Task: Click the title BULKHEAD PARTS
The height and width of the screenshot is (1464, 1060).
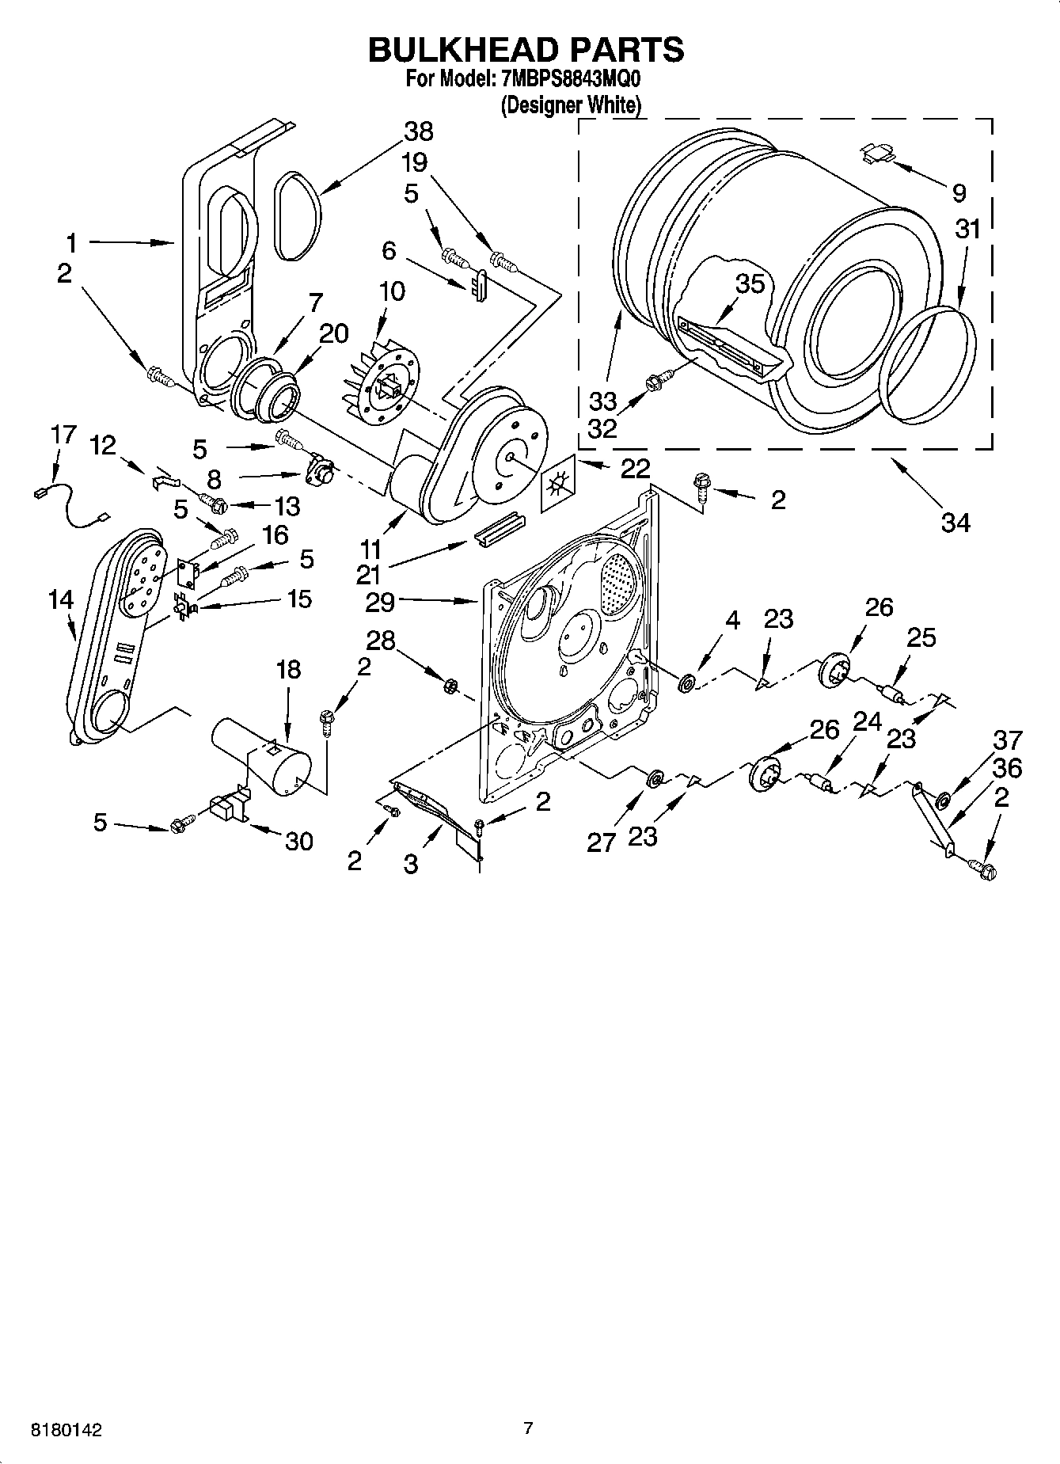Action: click(x=526, y=49)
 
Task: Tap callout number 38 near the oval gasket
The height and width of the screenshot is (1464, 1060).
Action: click(x=418, y=131)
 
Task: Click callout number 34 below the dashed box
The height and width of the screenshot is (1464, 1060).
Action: click(x=955, y=523)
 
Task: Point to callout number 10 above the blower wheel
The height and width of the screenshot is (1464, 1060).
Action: click(x=391, y=291)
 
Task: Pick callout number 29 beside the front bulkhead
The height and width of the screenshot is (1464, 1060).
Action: click(x=380, y=603)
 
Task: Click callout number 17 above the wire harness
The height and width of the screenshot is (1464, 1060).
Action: click(x=63, y=435)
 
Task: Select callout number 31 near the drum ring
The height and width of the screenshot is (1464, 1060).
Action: click(x=967, y=230)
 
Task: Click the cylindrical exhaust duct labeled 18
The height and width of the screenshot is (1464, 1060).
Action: click(x=261, y=755)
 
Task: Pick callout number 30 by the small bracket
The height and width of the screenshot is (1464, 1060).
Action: click(x=298, y=841)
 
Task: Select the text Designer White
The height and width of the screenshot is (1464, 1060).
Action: click(x=570, y=105)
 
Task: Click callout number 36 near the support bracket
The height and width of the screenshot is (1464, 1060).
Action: click(x=1006, y=768)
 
